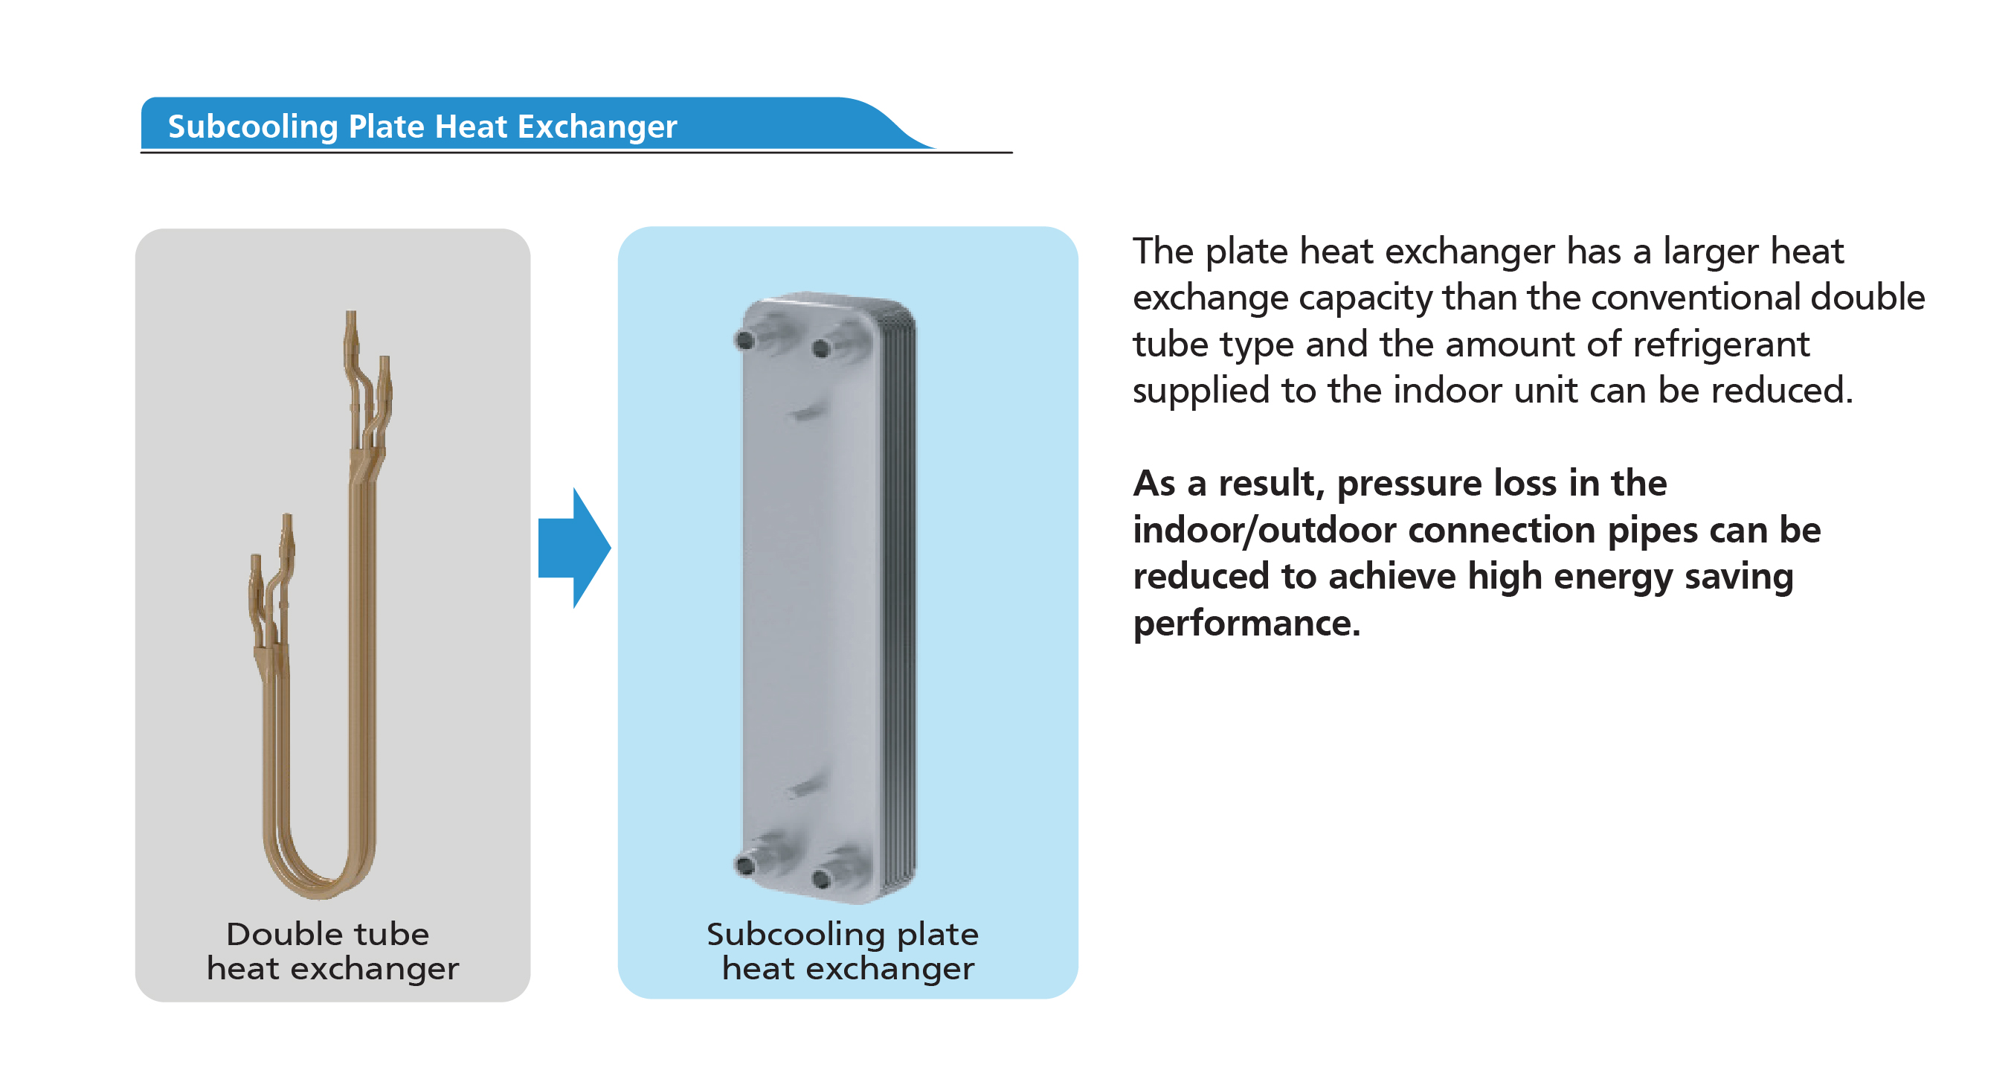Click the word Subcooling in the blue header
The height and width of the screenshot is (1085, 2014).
pos(251,127)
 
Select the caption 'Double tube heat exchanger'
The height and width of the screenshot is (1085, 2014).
pos(332,950)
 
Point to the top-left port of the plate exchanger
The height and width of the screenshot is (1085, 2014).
pos(745,339)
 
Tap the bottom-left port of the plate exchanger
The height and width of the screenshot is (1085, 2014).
pos(745,865)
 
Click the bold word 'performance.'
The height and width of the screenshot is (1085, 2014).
pos(1246,624)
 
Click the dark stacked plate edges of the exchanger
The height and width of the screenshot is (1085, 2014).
pos(901,595)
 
